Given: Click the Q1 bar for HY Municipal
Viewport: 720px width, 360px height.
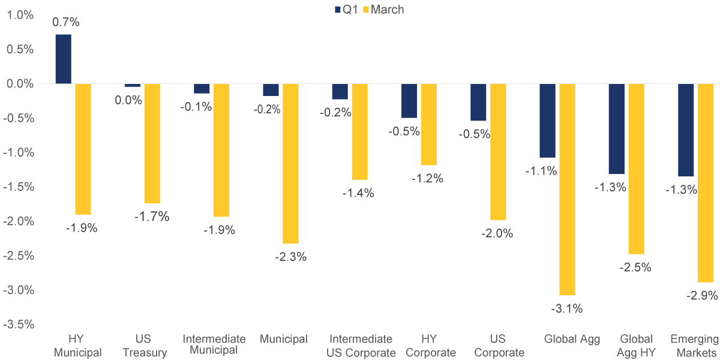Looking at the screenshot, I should (x=63, y=59).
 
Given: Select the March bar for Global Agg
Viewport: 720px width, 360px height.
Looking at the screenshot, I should (x=567, y=189).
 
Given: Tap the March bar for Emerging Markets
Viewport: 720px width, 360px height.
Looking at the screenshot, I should (x=706, y=182).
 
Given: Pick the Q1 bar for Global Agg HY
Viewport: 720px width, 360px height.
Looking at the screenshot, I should (x=617, y=128).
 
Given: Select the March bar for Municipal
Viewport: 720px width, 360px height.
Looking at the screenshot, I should (x=290, y=163).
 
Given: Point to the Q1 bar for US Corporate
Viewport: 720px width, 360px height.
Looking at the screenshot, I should (x=478, y=102).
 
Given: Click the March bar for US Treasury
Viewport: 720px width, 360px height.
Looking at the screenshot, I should (x=152, y=143).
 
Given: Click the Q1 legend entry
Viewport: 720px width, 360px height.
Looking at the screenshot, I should (x=346, y=10).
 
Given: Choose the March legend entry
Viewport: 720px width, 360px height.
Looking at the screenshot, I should (x=384, y=10).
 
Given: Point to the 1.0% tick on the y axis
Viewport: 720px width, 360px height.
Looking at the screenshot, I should (x=20, y=15).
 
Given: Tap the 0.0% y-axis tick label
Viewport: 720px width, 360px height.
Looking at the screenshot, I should (x=20, y=84).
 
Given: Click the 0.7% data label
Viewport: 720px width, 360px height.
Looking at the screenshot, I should (x=66, y=22).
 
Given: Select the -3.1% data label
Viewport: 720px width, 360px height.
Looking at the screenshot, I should (x=568, y=309).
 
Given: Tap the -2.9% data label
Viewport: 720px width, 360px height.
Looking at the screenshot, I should (x=703, y=295).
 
